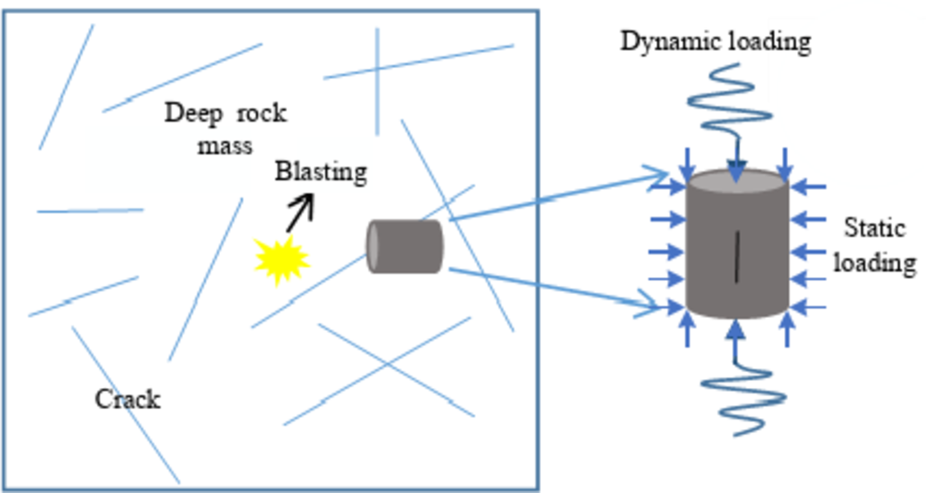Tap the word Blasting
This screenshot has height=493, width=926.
320,173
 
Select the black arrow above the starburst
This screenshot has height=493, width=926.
300,213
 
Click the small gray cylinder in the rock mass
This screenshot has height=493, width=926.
406,246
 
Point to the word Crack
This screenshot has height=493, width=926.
127,400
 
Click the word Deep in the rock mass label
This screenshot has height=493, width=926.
194,113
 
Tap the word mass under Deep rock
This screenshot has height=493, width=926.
223,146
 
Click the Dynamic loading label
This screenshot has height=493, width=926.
715,41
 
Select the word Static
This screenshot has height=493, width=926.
874,228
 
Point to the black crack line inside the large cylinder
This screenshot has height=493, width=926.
737,257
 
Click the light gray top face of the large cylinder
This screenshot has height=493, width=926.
737,180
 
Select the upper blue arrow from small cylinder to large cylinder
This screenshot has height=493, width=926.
558,196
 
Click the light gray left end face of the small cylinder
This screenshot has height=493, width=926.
374,246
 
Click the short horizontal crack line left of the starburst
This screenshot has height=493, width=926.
90,210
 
